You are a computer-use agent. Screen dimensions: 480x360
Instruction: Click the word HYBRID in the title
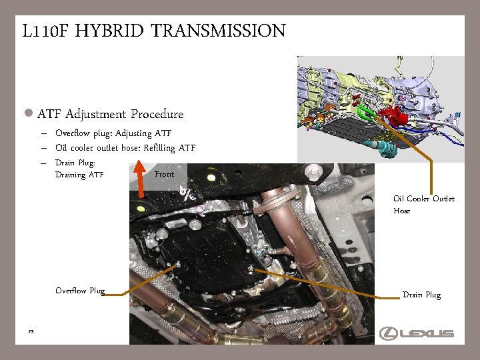click(x=109, y=31)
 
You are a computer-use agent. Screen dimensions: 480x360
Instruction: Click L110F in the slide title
click(x=45, y=31)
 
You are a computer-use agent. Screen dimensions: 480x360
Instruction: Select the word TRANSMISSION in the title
click(x=218, y=31)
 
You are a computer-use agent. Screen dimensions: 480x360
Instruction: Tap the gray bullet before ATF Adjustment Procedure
click(x=29, y=113)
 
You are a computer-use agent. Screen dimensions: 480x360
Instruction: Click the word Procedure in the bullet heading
click(x=157, y=114)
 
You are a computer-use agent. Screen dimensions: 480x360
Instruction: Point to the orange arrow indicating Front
click(x=140, y=179)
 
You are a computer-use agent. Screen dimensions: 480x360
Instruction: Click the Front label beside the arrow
click(x=165, y=174)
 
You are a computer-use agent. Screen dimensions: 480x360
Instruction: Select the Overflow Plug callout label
click(x=80, y=291)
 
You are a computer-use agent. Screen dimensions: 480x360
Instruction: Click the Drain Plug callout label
click(x=422, y=295)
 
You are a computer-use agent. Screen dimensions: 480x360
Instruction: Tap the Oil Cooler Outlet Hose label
click(x=424, y=205)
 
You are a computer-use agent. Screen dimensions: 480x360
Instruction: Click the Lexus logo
click(x=416, y=333)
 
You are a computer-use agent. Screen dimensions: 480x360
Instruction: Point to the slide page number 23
click(x=31, y=331)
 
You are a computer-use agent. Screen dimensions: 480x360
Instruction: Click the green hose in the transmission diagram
click(x=366, y=111)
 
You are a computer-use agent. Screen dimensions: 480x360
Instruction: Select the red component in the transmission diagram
click(x=393, y=116)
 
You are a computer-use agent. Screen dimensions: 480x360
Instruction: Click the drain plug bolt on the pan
click(x=251, y=269)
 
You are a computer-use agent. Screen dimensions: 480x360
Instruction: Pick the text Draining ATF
click(x=79, y=175)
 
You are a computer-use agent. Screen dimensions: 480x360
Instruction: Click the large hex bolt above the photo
click(x=313, y=171)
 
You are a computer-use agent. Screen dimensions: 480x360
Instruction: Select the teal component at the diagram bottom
click(x=385, y=149)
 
